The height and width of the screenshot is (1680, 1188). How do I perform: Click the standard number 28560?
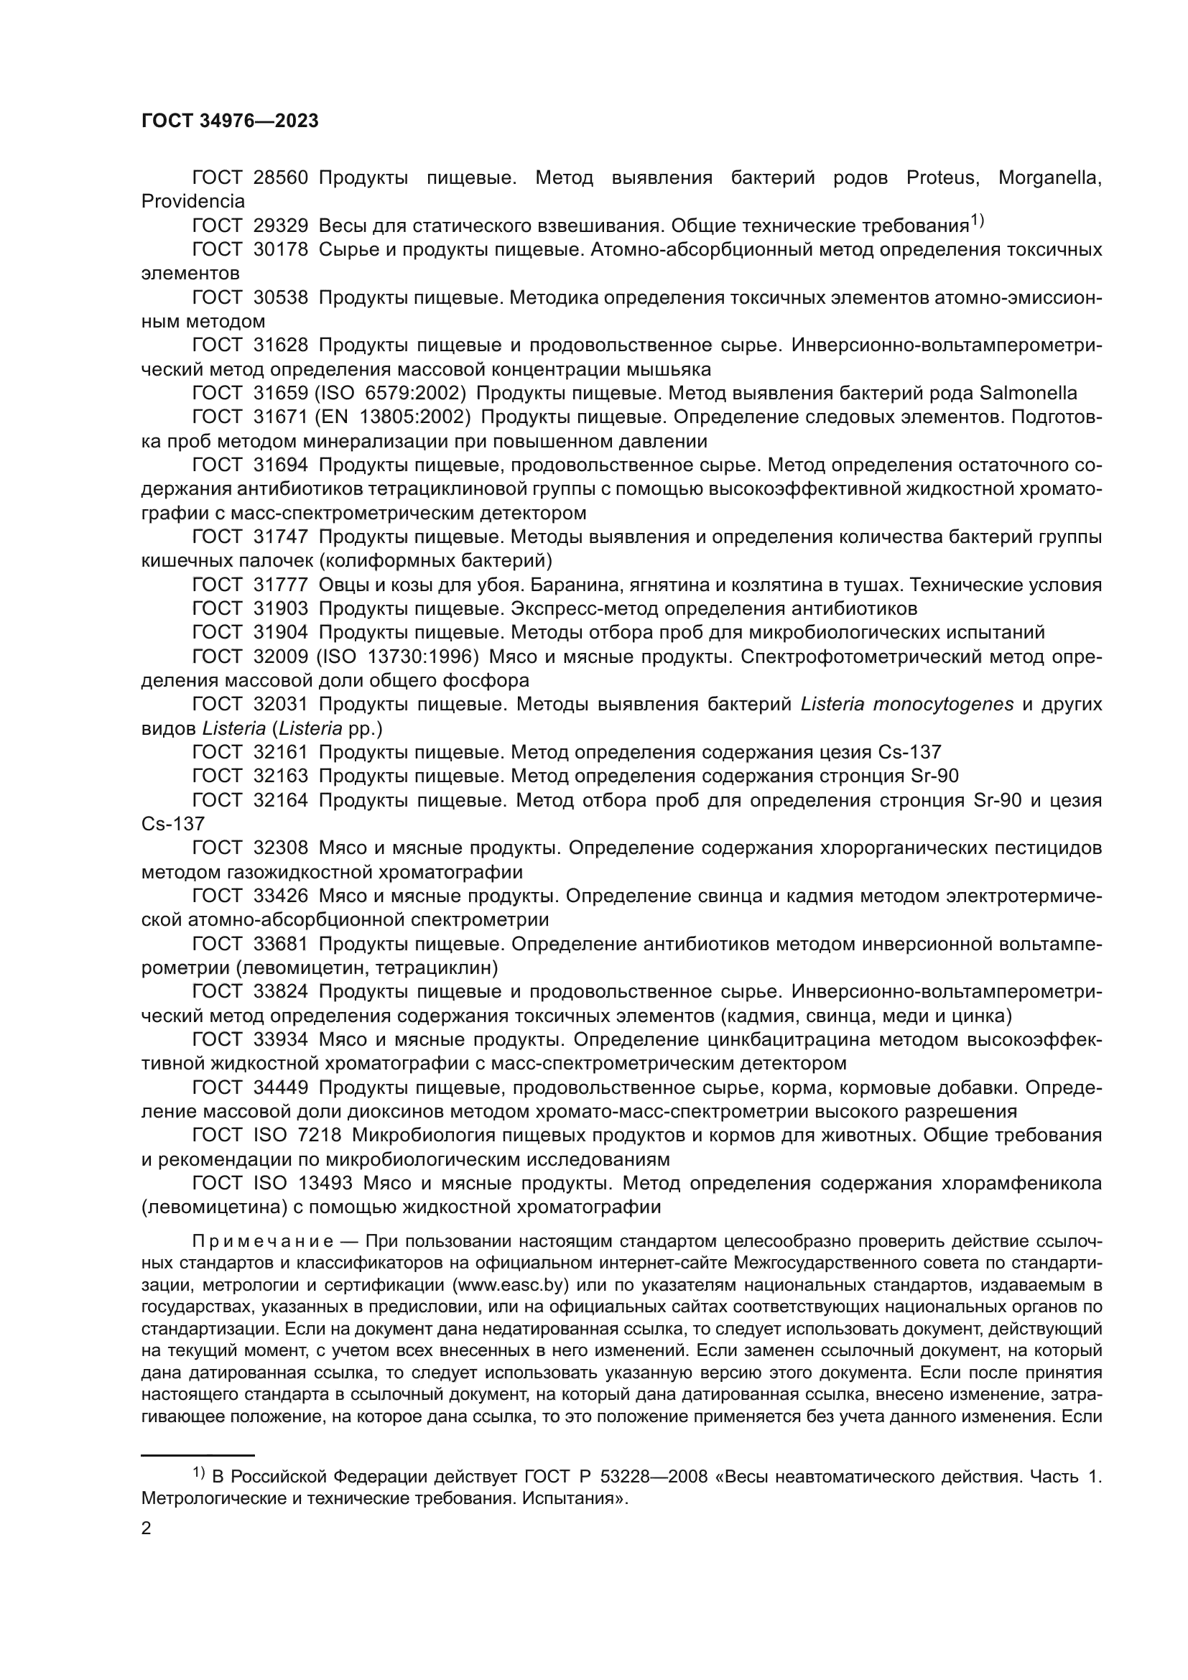pos(281,178)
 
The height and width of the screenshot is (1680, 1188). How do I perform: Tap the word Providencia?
pos(193,201)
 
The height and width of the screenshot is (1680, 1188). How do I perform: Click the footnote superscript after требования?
pos(978,220)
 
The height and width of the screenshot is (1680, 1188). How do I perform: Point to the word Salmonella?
pos(1028,394)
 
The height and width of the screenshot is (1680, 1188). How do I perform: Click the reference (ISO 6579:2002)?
pos(391,394)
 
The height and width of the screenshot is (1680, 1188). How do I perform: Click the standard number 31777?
pos(281,585)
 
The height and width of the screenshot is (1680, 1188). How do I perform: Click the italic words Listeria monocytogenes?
pos(907,704)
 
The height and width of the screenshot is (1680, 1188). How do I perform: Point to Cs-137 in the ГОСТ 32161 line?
pos(906,752)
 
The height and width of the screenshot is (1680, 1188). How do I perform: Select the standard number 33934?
pos(281,1040)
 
